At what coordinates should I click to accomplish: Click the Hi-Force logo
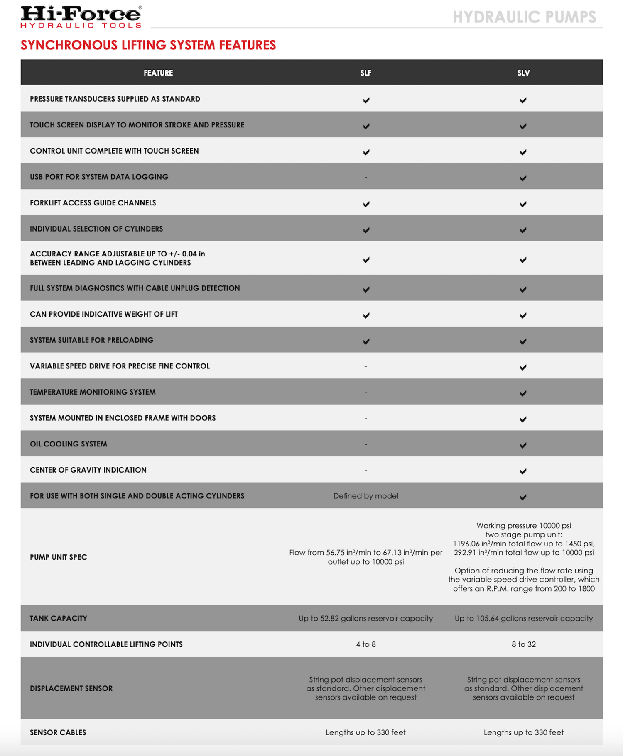(x=81, y=17)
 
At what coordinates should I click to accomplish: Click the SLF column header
(x=365, y=73)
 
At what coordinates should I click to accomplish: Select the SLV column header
(x=523, y=73)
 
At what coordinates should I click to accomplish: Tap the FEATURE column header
(x=158, y=73)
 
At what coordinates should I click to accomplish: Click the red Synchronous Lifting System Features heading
(x=148, y=45)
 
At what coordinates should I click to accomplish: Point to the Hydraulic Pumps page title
(x=524, y=17)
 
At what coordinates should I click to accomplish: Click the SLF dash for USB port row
(x=365, y=177)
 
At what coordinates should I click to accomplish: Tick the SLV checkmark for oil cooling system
(x=523, y=445)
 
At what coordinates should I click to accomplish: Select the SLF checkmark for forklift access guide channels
(x=366, y=204)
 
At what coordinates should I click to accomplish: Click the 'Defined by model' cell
(x=365, y=496)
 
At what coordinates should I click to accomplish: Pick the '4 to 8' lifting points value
(x=365, y=644)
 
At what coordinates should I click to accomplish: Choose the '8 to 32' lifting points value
(x=523, y=644)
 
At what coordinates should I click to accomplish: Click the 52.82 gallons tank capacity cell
(x=365, y=618)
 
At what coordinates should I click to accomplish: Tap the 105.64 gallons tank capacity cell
(x=523, y=618)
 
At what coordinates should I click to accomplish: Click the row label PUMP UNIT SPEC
(x=58, y=557)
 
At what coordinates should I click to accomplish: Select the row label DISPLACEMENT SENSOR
(x=71, y=688)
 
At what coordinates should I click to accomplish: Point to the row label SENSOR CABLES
(x=58, y=732)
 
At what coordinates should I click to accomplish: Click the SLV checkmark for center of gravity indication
(x=523, y=471)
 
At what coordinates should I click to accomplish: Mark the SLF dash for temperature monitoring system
(x=365, y=393)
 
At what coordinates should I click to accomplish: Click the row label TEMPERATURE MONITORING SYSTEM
(x=93, y=392)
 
